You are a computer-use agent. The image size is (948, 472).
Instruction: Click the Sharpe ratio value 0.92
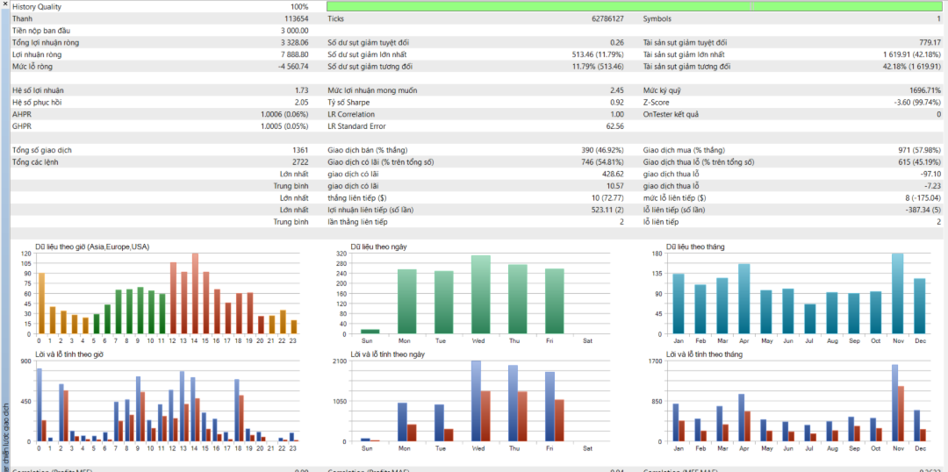(x=616, y=102)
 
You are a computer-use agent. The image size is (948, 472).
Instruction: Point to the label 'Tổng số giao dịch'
(x=42, y=150)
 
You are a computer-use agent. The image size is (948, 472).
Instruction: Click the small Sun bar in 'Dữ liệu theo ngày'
(x=370, y=331)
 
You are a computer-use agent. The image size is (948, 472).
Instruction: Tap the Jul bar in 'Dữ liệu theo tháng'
(x=809, y=318)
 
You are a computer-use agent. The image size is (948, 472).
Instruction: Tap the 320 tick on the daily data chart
(x=341, y=254)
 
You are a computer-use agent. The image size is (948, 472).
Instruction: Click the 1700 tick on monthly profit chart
(x=654, y=361)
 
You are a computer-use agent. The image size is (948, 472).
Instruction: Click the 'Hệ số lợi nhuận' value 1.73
(x=301, y=90)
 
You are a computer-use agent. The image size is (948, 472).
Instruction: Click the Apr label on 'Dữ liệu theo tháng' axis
(x=743, y=341)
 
